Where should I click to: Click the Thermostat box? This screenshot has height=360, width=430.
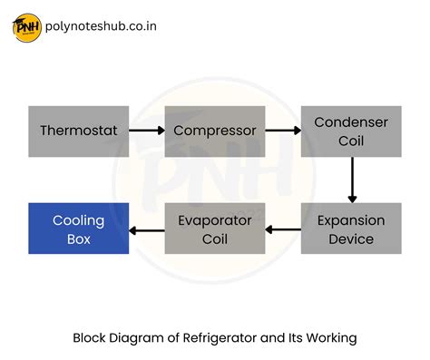tap(79, 131)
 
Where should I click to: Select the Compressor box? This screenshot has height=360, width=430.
tap(214, 131)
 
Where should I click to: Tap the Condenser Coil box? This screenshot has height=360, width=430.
tap(350, 131)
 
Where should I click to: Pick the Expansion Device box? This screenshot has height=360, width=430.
tap(350, 229)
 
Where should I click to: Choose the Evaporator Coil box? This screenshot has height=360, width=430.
tap(214, 229)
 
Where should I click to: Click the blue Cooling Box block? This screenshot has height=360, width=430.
tap(79, 229)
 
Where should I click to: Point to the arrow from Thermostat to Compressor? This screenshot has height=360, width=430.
tap(146, 131)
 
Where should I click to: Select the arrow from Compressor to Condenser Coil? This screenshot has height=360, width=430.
tap(282, 131)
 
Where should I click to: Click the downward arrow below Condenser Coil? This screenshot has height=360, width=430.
tap(351, 180)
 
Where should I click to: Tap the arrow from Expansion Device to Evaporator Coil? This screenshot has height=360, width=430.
tap(282, 229)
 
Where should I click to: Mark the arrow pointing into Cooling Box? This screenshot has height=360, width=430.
tap(146, 229)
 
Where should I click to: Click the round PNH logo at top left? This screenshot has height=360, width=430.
tap(25, 26)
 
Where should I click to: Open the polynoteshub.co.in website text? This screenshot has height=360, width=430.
tap(99, 26)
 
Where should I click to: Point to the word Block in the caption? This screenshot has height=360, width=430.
tap(90, 338)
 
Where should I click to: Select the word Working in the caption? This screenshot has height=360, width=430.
tap(331, 338)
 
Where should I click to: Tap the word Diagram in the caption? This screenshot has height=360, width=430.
tap(137, 338)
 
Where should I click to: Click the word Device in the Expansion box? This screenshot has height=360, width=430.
tap(350, 239)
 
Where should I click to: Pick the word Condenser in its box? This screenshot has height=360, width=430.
tap(350, 122)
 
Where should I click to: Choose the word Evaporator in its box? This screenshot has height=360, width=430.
tap(214, 220)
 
